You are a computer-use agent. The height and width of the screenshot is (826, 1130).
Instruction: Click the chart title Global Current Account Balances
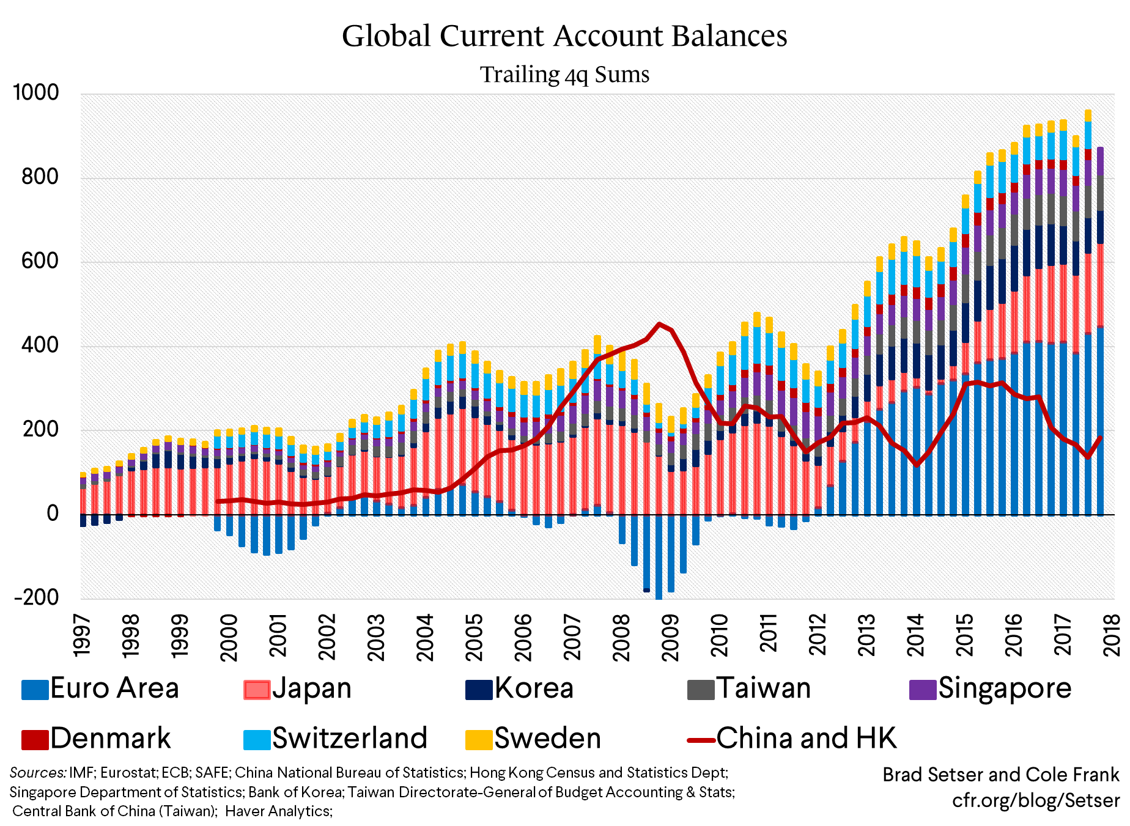(564, 35)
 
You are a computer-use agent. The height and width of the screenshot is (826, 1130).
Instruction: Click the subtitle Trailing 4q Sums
(564, 75)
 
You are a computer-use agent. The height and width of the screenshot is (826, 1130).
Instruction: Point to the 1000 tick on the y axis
(36, 93)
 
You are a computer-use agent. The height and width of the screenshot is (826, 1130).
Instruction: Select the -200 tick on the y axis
(36, 597)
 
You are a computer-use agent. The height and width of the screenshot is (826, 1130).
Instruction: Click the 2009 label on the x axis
(670, 637)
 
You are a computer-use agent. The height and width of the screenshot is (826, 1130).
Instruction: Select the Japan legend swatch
(257, 690)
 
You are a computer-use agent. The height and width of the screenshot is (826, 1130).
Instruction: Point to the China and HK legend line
(701, 740)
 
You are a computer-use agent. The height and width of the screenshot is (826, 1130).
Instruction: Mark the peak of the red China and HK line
(659, 324)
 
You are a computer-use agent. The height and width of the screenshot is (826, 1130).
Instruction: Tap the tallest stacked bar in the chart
(1088, 306)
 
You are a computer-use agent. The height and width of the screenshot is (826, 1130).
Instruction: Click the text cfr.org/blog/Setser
(1035, 800)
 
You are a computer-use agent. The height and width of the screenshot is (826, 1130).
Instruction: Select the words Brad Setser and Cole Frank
(1000, 775)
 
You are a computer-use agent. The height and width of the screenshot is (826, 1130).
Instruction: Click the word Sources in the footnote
(37, 773)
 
